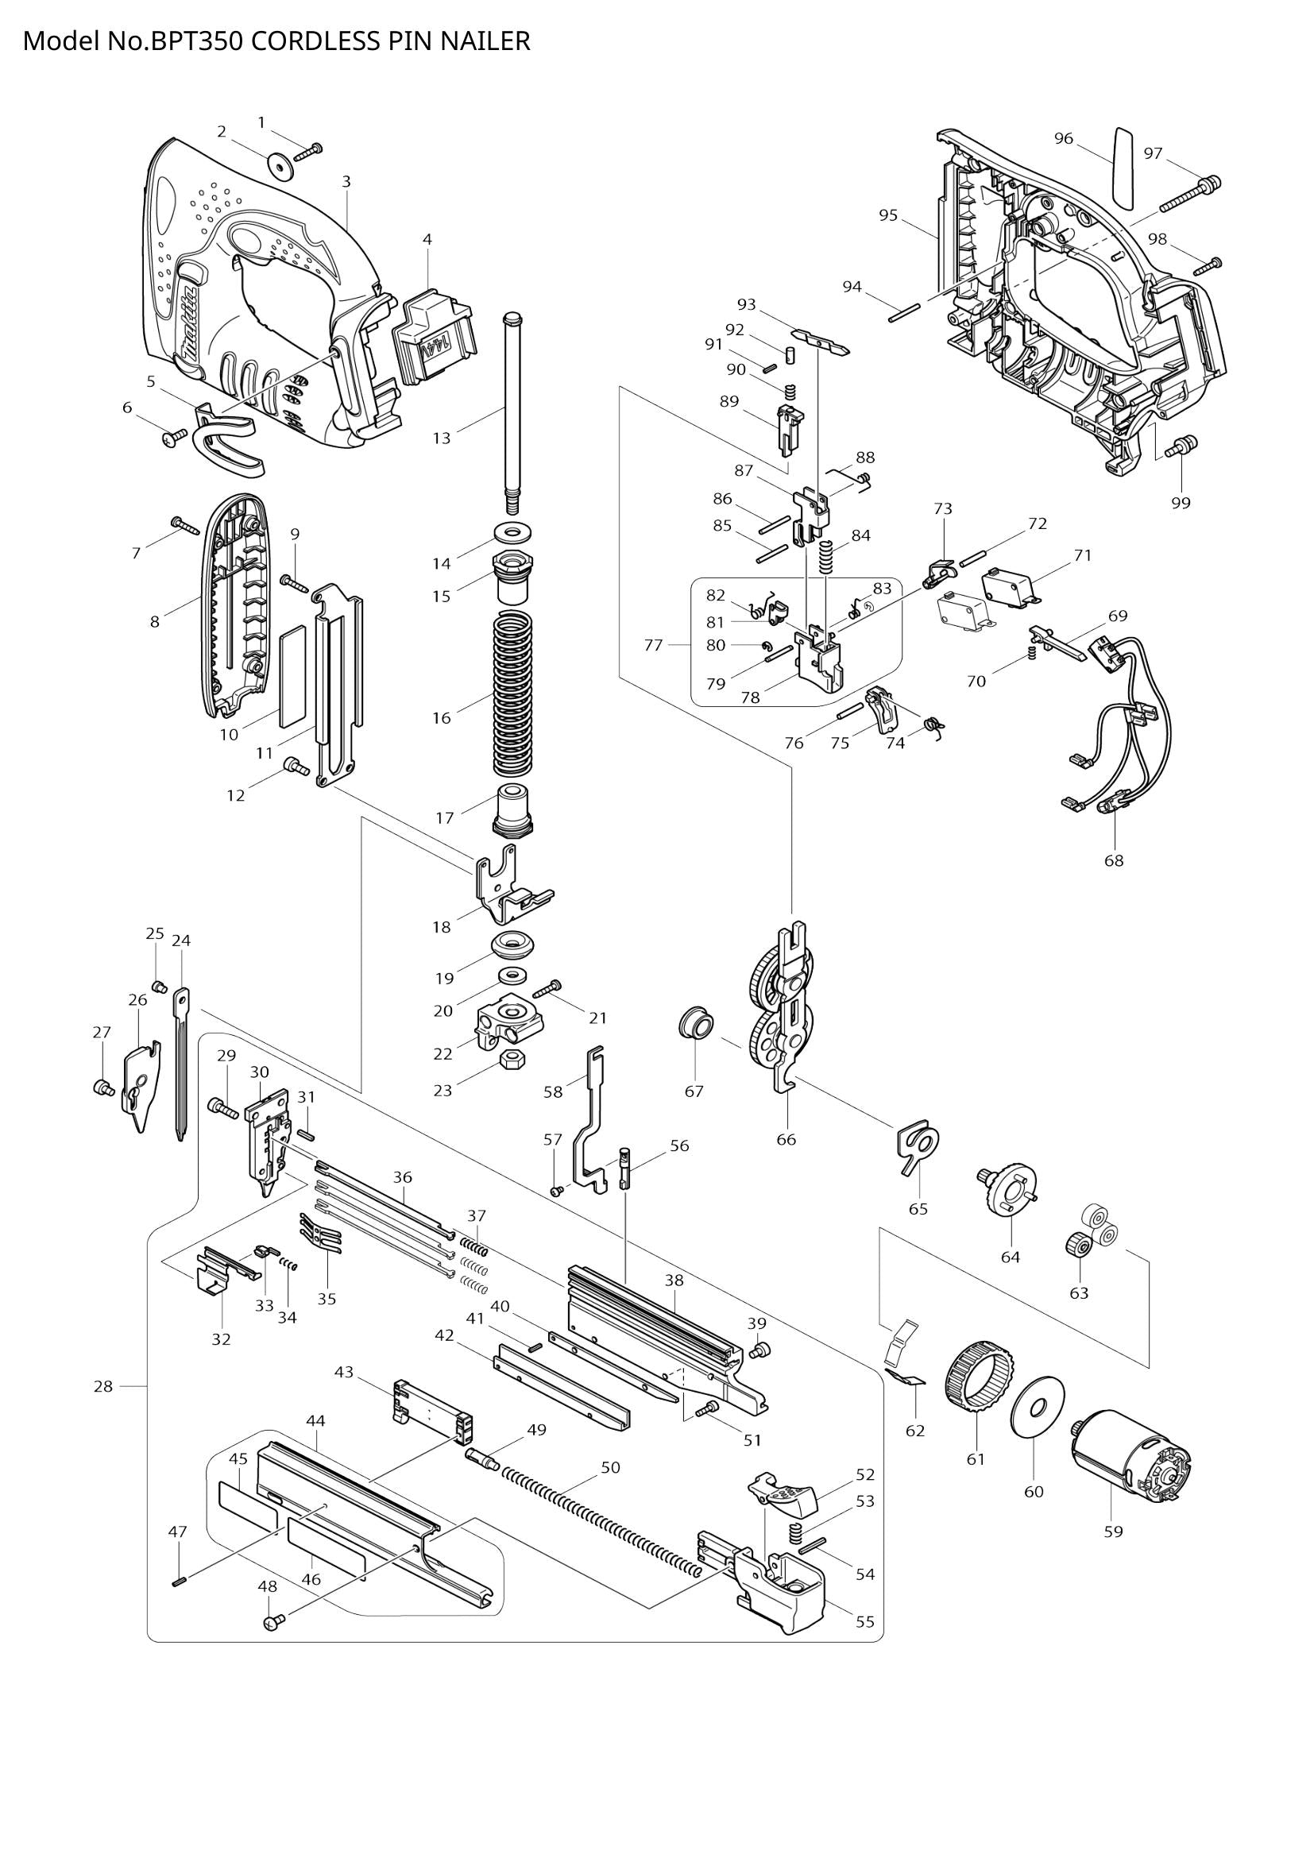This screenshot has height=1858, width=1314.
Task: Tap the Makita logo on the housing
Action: click(190, 323)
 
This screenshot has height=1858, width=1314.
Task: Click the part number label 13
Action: click(441, 438)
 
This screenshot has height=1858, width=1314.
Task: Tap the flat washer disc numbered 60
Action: click(1038, 1407)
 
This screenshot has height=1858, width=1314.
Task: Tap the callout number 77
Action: click(653, 645)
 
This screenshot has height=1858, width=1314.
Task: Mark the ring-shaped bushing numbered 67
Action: click(695, 1026)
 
